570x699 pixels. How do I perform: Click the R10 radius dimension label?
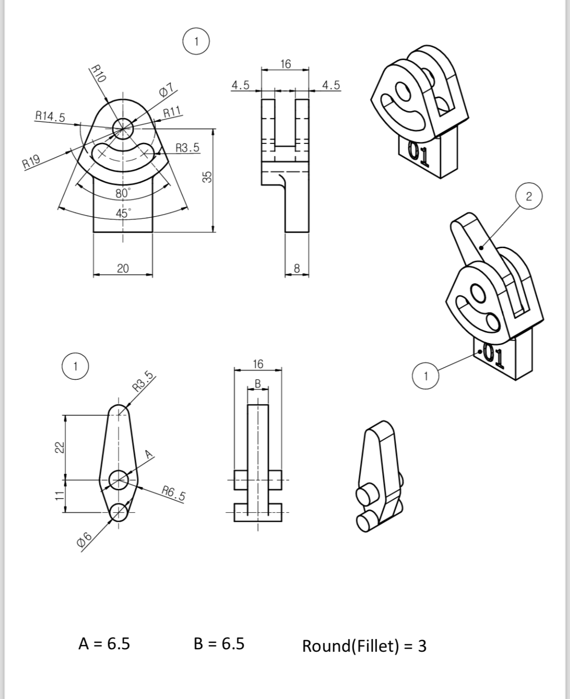point(99,74)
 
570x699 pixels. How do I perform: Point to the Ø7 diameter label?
point(166,90)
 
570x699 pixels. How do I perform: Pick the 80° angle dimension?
point(123,193)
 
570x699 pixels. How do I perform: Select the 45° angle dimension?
point(123,213)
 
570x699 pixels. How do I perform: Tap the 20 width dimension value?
point(123,268)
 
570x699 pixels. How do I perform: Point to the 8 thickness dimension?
point(297,268)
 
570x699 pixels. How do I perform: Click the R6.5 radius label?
point(174,493)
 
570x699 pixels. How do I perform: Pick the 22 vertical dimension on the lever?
point(59,447)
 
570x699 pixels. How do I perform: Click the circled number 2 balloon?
point(529,196)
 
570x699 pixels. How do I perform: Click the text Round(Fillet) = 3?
point(364,646)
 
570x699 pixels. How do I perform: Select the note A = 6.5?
point(104,643)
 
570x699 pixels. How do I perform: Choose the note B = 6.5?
point(219,643)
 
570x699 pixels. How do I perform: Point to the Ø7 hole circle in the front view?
point(122,128)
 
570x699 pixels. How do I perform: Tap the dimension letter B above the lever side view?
point(258,383)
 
